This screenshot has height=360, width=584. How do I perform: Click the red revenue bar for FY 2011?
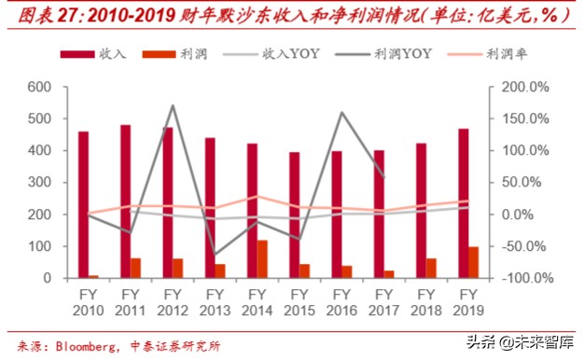[125, 201]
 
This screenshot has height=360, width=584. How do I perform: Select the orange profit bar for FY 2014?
[262, 258]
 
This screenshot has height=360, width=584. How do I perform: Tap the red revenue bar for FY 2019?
[463, 202]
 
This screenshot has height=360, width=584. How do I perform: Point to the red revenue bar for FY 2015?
[294, 215]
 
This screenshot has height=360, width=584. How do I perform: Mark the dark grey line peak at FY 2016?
[341, 113]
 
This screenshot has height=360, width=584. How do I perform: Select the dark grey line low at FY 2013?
[215, 255]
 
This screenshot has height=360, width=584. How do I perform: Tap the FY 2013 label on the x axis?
[215, 300]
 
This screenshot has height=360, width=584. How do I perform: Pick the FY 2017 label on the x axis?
[383, 300]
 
